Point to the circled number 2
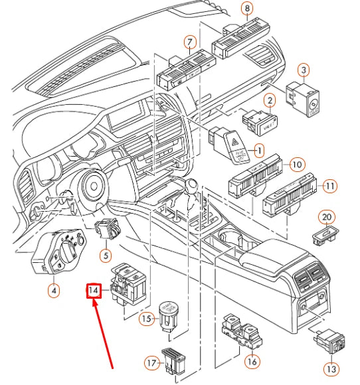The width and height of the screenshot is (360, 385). tap(270, 101)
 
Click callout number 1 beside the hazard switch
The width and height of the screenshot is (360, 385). tap(259, 151)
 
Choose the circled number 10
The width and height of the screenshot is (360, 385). tap(297, 163)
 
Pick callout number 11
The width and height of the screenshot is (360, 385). tap(330, 187)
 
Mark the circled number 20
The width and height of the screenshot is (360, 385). tap(326, 217)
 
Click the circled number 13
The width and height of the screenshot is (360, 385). tap(331, 368)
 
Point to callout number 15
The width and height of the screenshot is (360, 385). tap(147, 319)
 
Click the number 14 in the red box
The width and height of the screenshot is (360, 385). tap(94, 291)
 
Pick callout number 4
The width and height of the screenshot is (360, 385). tap(54, 289)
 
